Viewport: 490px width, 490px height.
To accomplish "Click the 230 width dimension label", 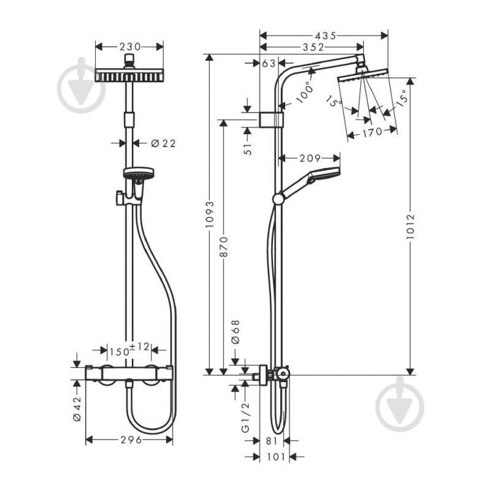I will click(x=129, y=47).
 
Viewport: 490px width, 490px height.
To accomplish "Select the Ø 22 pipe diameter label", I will click(x=163, y=143).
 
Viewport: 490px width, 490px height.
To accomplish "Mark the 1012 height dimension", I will click(x=410, y=226).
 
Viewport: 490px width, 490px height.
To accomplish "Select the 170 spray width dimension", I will click(x=372, y=131).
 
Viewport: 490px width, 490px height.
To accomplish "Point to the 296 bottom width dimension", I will click(x=129, y=440).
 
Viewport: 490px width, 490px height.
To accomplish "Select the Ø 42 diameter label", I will click(x=77, y=409).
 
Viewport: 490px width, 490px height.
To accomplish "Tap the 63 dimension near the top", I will click(x=269, y=63).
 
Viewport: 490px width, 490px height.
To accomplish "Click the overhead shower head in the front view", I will click(x=129, y=75).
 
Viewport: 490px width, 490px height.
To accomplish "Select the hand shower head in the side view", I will click(x=323, y=175).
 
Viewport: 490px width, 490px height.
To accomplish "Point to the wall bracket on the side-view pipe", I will click(x=271, y=119).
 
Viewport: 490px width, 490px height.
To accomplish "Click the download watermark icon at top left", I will click(x=81, y=85).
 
